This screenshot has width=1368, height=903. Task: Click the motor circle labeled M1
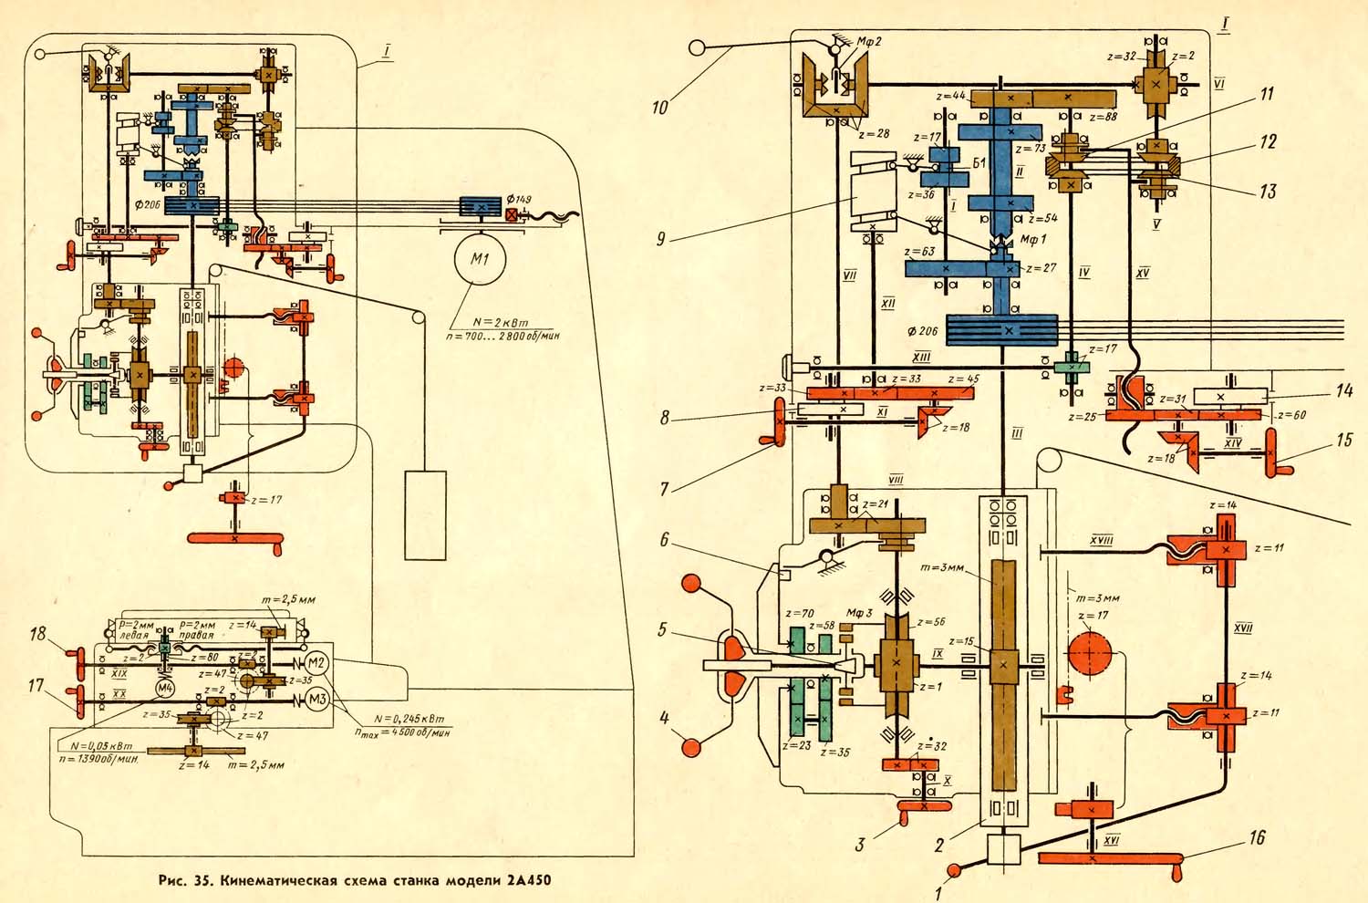pos(482,260)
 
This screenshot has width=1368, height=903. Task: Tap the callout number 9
pos(661,240)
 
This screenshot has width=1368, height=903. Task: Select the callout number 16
pos(1257,837)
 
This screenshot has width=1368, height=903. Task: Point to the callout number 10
pos(660,107)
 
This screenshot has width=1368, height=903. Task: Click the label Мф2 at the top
pos(871,41)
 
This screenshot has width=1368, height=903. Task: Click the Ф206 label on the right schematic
pos(924,331)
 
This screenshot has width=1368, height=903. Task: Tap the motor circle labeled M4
pos(165,687)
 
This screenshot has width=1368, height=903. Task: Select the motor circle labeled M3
pos(316,700)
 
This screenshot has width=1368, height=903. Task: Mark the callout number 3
pos(859,844)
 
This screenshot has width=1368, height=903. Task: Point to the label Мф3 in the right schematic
pos(859,613)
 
